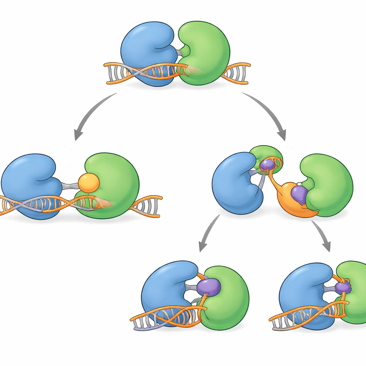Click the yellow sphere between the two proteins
[x=89, y=183]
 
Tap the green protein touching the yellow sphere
[x=114, y=179]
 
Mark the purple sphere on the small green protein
[x=267, y=165]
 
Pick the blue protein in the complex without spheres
[x=147, y=46]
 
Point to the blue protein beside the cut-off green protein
[x=304, y=290]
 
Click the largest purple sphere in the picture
[x=209, y=287]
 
